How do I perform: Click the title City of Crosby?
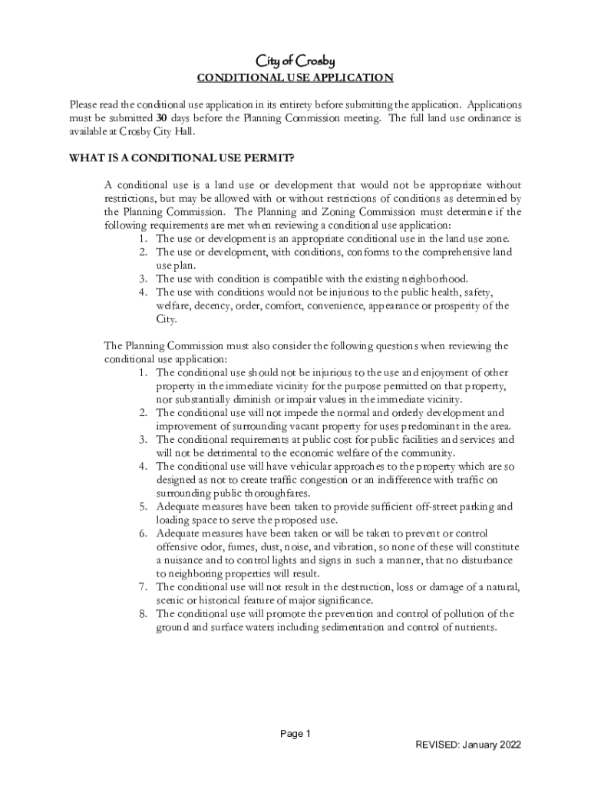[x=295, y=61]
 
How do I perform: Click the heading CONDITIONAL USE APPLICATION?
[x=295, y=78]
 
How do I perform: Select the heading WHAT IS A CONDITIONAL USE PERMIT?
[x=182, y=159]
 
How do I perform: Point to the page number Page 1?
[x=295, y=734]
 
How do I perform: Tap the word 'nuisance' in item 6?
[x=188, y=560]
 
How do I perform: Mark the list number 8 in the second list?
[x=143, y=614]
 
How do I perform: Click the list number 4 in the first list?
[x=143, y=292]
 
